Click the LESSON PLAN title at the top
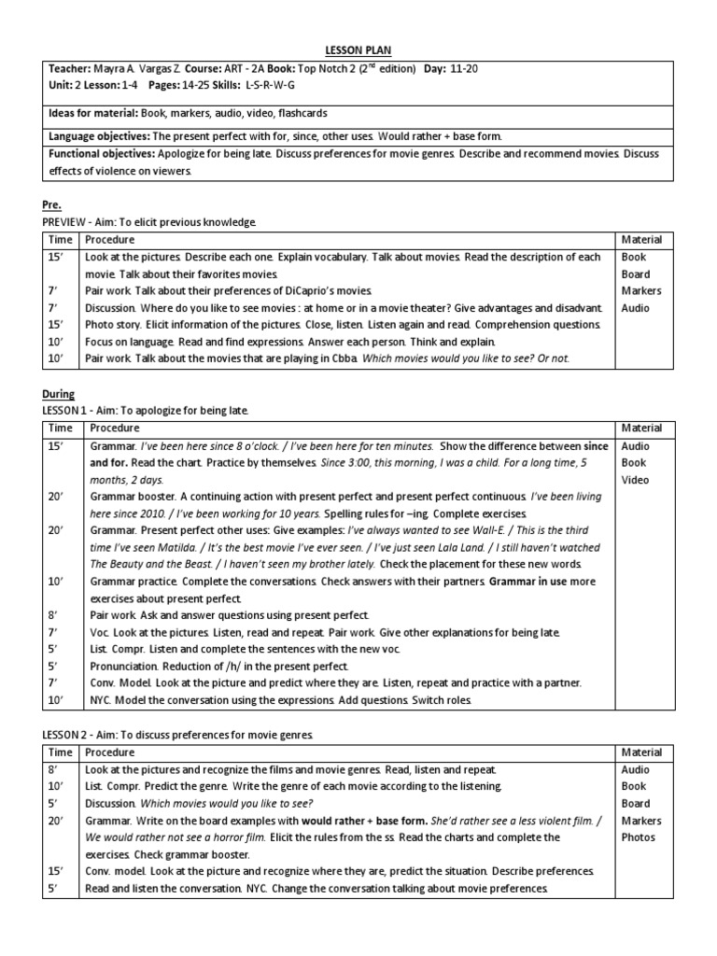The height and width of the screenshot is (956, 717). click(x=358, y=49)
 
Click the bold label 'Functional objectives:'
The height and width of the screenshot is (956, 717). click(x=104, y=153)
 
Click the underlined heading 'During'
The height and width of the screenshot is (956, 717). click(x=60, y=394)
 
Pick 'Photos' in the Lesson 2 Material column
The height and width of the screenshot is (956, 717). click(x=638, y=837)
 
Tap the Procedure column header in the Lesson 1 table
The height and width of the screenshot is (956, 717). click(x=112, y=428)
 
